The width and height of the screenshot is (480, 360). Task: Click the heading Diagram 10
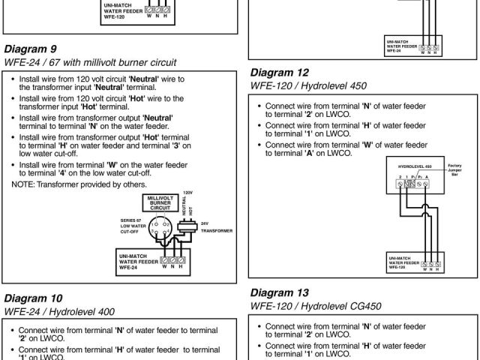pos(33,298)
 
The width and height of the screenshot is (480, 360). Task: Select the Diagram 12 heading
pos(279,73)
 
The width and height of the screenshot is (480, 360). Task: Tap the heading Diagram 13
pos(279,292)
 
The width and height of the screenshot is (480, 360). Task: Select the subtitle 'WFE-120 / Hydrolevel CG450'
pos(313,307)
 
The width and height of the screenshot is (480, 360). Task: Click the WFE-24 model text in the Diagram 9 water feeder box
pos(127,266)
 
